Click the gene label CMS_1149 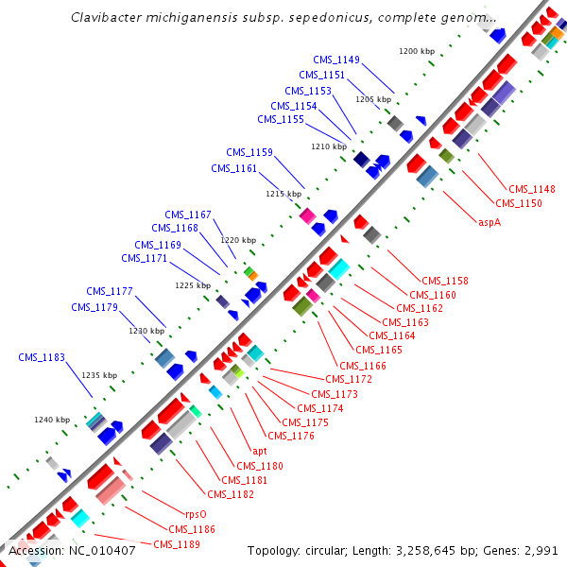pyautogui.click(x=336, y=60)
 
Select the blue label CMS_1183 pyautogui.click(x=42, y=357)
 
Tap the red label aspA pyautogui.click(x=489, y=223)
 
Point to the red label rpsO pyautogui.click(x=182, y=515)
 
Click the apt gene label pyautogui.click(x=260, y=451)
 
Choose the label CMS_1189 pyautogui.click(x=177, y=544)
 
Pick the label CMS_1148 pyautogui.click(x=532, y=189)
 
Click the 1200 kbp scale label pyautogui.click(x=417, y=51)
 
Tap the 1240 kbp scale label pyautogui.click(x=52, y=420)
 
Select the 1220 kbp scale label pyautogui.click(x=238, y=240)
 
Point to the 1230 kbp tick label pyautogui.click(x=146, y=331)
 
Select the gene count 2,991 pyautogui.click(x=539, y=550)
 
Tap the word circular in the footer pyautogui.click(x=339, y=550)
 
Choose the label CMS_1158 pyautogui.click(x=445, y=281)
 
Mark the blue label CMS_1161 pyautogui.click(x=233, y=168)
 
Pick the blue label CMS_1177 pyautogui.click(x=110, y=291)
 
